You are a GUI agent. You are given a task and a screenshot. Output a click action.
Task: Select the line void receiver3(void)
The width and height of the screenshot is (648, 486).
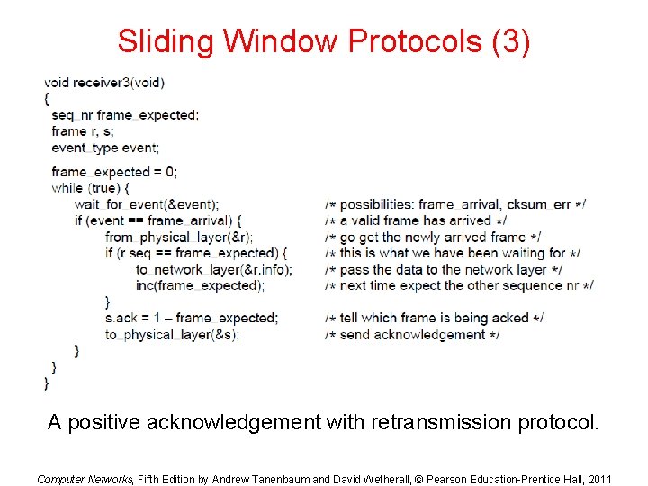click(x=104, y=83)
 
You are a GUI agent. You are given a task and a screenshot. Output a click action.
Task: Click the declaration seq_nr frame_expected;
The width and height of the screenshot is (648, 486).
click(x=125, y=115)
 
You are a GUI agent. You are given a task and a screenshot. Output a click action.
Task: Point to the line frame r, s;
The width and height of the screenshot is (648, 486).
click(x=83, y=131)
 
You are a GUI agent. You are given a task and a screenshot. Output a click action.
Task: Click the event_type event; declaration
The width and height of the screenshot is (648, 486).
click(x=105, y=148)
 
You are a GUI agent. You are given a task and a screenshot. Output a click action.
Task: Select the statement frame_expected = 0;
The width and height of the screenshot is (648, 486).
click(x=114, y=172)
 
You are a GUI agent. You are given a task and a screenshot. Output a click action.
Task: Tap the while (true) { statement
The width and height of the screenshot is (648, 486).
click(x=91, y=188)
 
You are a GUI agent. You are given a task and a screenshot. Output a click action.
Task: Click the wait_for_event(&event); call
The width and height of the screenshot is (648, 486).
click(x=147, y=204)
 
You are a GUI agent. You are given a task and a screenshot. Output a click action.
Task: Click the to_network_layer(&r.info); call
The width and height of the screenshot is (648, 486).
click(x=214, y=269)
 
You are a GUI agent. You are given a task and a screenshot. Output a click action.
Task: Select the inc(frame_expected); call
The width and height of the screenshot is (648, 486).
click(x=200, y=285)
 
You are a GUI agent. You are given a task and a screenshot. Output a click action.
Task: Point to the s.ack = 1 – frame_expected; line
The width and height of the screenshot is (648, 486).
click(x=192, y=318)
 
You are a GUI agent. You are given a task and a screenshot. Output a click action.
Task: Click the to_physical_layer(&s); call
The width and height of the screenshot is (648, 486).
click(x=172, y=334)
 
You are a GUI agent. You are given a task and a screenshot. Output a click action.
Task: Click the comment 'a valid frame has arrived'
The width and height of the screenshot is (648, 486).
click(x=416, y=220)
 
